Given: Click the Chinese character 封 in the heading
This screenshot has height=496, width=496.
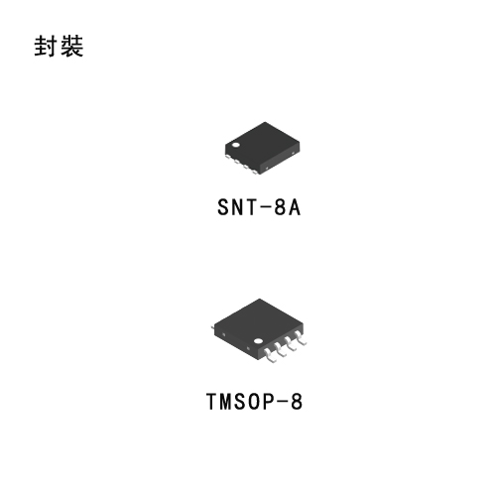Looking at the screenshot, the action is [x=46, y=46].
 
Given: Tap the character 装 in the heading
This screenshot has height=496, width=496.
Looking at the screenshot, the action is [x=71, y=46].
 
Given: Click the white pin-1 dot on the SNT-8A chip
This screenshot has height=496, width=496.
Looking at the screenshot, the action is [x=236, y=145].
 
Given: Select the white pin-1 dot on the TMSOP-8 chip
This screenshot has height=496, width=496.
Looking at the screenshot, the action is [x=258, y=341].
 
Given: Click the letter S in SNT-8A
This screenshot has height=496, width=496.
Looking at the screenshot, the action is [x=223, y=207].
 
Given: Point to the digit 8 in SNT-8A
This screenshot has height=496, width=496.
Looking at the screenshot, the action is [x=280, y=207].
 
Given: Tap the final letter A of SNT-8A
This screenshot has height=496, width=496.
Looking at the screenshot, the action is [x=295, y=207].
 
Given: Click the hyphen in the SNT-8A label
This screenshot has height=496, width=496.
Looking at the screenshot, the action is [x=265, y=207].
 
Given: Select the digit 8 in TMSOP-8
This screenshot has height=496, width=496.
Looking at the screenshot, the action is [x=297, y=402].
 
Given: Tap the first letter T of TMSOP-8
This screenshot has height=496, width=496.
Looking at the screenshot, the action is [x=211, y=402].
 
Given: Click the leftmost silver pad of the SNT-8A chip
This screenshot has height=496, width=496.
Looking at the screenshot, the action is [x=228, y=157].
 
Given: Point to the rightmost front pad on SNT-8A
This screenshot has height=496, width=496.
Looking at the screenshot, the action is [x=255, y=172].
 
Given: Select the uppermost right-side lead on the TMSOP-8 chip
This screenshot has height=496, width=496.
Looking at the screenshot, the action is [x=301, y=337].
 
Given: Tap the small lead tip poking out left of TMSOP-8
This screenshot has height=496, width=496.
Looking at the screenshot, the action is [x=212, y=327].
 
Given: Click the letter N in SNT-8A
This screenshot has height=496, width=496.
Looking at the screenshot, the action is [x=238, y=207].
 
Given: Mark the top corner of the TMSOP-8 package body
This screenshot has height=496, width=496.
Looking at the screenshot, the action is [x=259, y=299].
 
